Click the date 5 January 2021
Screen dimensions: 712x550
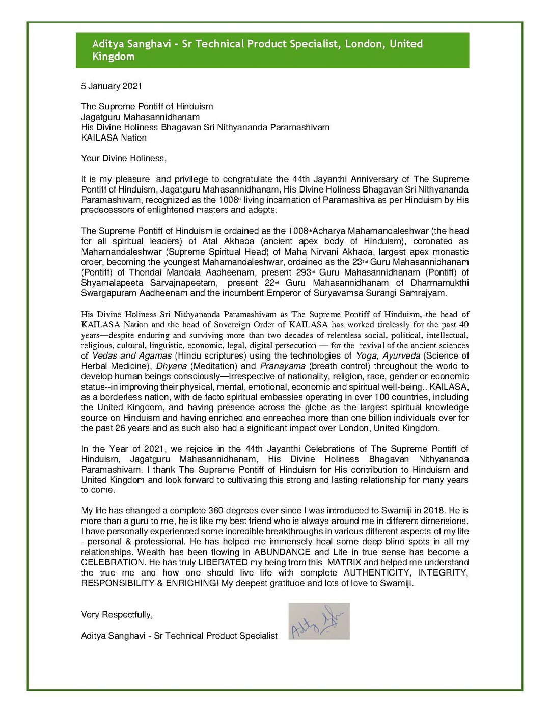(111, 86)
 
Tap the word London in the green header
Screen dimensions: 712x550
(364, 44)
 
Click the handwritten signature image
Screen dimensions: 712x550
(319, 621)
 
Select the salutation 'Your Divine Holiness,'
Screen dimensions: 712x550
(124, 158)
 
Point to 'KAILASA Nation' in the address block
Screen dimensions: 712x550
(114, 138)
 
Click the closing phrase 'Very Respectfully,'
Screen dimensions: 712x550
(117, 615)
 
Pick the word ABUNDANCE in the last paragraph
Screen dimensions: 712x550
(282, 552)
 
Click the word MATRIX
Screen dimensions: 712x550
(344, 562)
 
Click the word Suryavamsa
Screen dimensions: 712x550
(339, 293)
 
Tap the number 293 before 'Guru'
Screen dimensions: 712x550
(304, 272)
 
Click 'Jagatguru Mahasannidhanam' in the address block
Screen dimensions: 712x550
(140, 117)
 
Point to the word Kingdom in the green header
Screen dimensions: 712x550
(113, 57)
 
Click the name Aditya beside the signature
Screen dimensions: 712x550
(95, 636)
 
